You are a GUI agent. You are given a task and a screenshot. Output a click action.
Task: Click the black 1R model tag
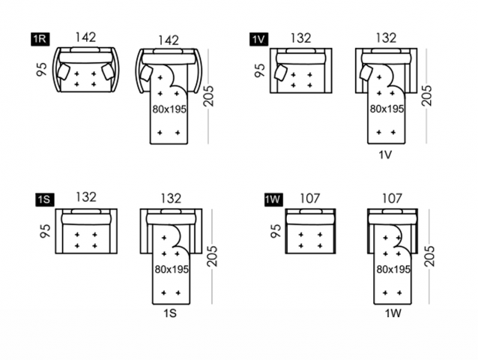point(40,40)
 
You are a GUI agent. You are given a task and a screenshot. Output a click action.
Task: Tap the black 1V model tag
point(259,40)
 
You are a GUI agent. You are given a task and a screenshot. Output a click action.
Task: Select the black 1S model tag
point(44,199)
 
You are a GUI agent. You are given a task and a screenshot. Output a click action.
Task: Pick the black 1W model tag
point(273,199)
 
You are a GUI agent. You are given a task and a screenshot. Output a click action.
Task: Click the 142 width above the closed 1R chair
point(85,37)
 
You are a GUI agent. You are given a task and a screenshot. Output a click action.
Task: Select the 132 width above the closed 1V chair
point(300,37)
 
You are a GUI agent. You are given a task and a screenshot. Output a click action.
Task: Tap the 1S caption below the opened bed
point(169,315)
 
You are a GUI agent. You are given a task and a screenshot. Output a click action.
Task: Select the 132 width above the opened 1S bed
point(170,199)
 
